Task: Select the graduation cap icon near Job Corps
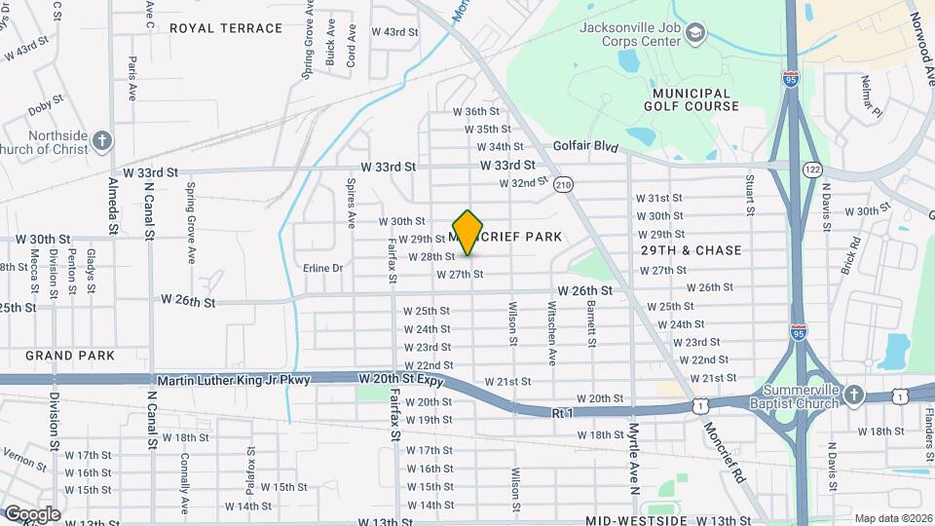pos(694,35)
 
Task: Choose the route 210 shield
pos(563,185)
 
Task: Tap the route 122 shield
pos(812,169)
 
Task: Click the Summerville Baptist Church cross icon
pos(854,394)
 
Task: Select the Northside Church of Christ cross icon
pos(102,142)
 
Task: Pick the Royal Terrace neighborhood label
pos(226,28)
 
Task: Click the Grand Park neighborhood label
pos(70,356)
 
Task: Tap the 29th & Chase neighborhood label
pos(692,250)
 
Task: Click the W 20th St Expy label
pos(400,378)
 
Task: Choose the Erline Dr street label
pos(323,268)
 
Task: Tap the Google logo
pos(32,513)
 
